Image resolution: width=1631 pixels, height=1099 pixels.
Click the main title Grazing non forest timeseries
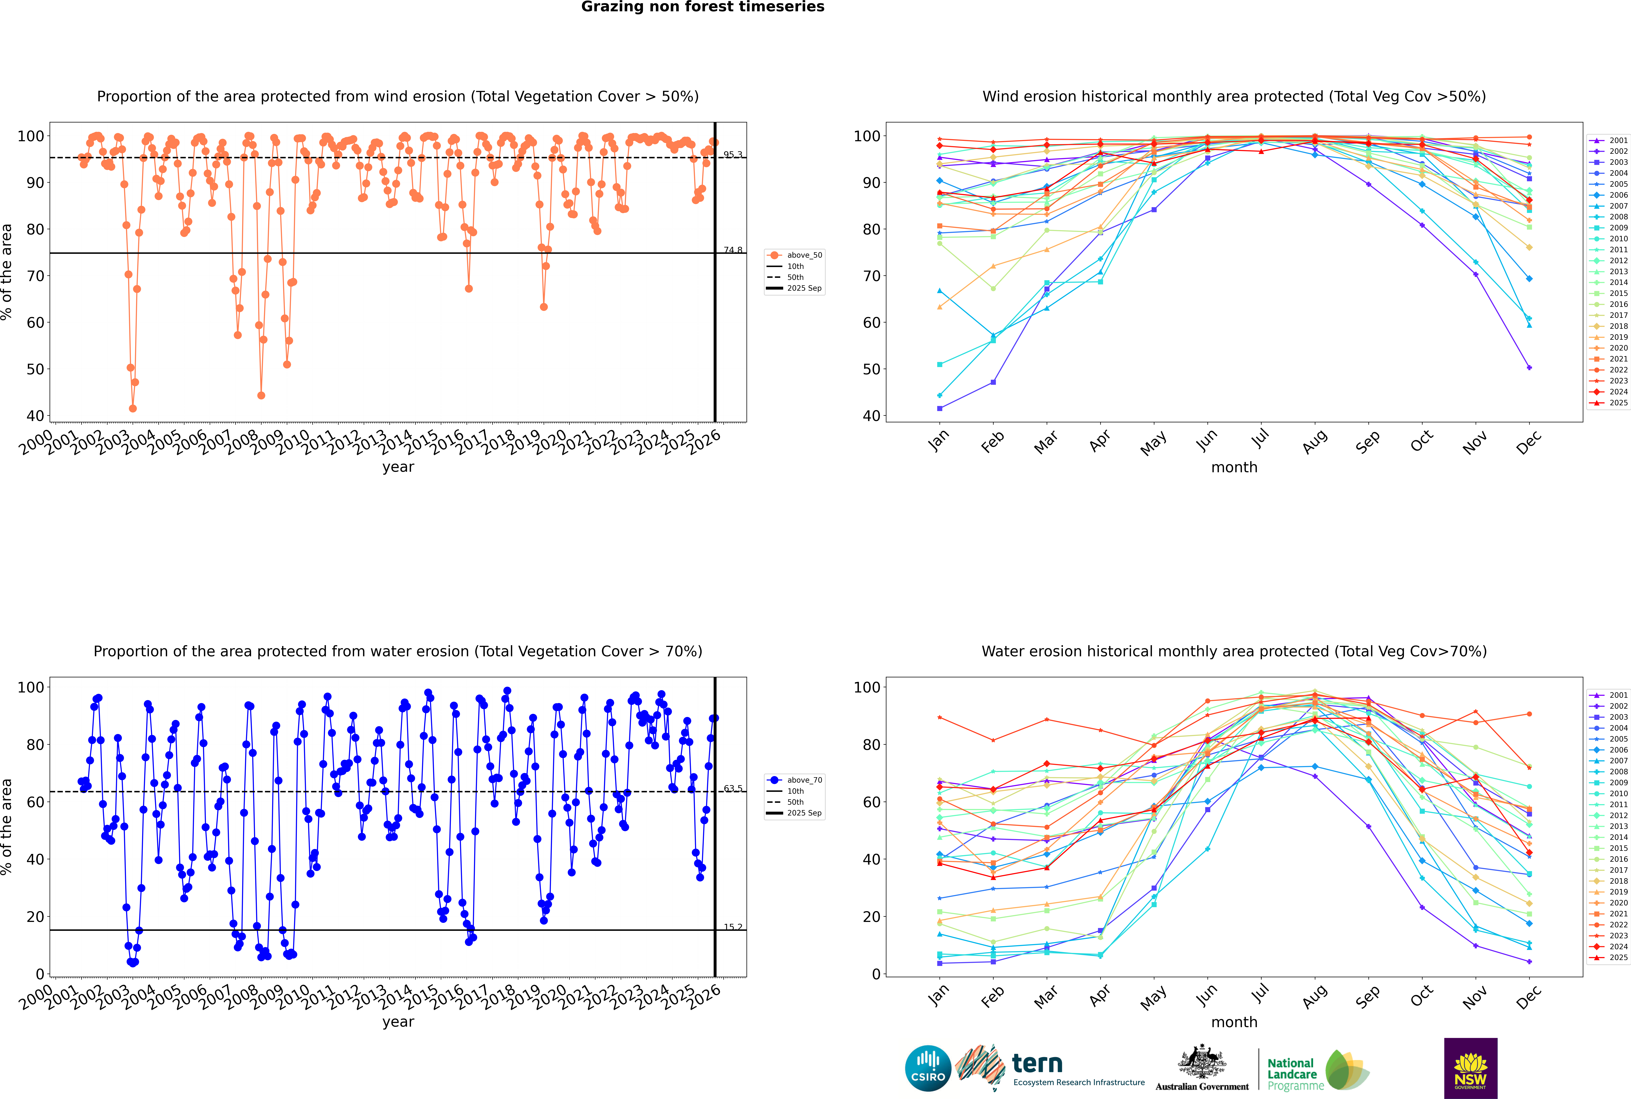(703, 7)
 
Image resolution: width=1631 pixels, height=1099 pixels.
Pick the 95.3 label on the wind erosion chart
(733, 154)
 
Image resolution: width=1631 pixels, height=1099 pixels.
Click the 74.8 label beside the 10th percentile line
(733, 249)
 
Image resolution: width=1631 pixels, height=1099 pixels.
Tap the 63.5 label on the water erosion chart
(733, 789)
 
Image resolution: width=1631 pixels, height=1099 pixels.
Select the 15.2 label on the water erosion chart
(733, 927)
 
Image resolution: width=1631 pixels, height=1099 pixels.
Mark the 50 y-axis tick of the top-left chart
(35, 369)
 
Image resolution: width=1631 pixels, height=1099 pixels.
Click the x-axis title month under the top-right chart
(1234, 468)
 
